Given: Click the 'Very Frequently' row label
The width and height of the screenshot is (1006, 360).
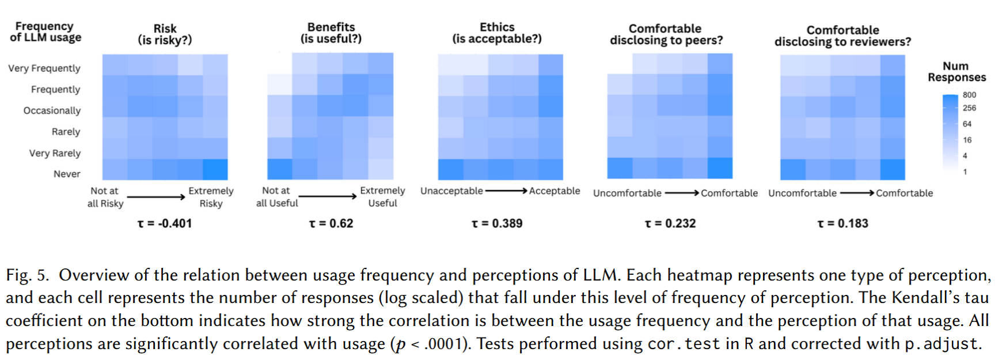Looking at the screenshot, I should pyautogui.click(x=44, y=68).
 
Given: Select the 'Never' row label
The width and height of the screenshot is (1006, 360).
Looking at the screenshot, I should pyautogui.click(x=67, y=174).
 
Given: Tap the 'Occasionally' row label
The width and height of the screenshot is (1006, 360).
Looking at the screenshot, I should pyautogui.click(x=52, y=111).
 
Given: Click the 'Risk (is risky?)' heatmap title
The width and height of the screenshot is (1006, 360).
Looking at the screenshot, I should pyautogui.click(x=165, y=34).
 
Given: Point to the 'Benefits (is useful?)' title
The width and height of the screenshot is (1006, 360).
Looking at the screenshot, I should pyautogui.click(x=331, y=33).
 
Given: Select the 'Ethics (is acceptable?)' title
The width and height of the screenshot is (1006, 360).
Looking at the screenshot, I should pyautogui.click(x=497, y=33).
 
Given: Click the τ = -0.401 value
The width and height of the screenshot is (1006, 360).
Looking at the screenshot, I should pyautogui.click(x=165, y=223).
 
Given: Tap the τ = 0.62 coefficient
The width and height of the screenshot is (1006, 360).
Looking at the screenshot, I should pyautogui.click(x=331, y=223).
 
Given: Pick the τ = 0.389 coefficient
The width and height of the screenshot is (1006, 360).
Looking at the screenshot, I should pyautogui.click(x=497, y=223).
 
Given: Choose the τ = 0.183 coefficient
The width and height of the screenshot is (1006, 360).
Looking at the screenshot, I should pyautogui.click(x=842, y=223).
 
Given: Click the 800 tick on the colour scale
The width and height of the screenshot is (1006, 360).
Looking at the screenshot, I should pyautogui.click(x=970, y=95).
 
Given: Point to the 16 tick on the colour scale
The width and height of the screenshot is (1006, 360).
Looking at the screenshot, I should pyautogui.click(x=967, y=140).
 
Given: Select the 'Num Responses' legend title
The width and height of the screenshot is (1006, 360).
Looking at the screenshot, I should pyautogui.click(x=956, y=71).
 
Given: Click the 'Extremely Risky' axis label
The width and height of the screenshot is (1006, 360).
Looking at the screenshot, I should pyautogui.click(x=211, y=197).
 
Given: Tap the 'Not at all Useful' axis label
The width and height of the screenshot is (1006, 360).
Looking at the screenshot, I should pyautogui.click(x=276, y=196).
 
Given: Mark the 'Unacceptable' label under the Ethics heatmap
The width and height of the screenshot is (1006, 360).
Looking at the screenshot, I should pyautogui.click(x=451, y=191).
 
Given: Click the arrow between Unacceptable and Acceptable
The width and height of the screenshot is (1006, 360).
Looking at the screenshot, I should pyautogui.click(x=506, y=191).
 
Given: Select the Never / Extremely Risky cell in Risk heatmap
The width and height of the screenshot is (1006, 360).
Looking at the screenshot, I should pyautogui.click(x=215, y=169).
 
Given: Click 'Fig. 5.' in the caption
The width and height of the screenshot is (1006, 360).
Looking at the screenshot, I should pyautogui.click(x=27, y=275).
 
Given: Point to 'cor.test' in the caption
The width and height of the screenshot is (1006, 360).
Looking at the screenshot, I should pyautogui.click(x=684, y=344).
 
